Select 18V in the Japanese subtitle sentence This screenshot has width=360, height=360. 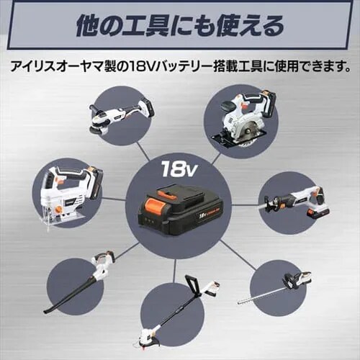click(141, 67)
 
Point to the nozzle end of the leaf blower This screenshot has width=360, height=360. click(51, 308)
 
